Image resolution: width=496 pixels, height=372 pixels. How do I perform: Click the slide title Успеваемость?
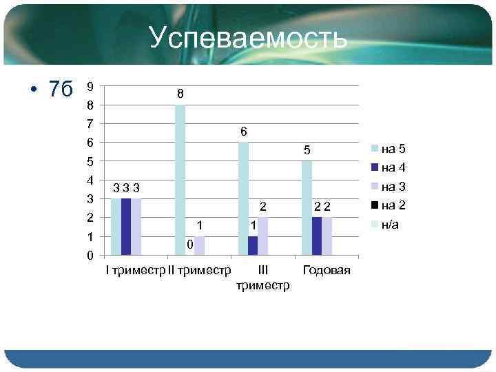[x=247, y=39]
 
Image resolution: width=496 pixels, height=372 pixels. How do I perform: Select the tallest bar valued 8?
[x=180, y=180]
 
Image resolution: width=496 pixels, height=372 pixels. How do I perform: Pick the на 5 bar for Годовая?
[x=307, y=207]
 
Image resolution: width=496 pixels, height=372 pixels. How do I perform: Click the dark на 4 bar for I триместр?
[x=126, y=227]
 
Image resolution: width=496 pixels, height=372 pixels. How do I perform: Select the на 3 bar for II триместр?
[x=199, y=245]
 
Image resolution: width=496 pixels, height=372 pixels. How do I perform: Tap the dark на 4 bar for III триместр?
[x=253, y=245]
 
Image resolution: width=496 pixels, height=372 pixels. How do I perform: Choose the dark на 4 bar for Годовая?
[x=316, y=236]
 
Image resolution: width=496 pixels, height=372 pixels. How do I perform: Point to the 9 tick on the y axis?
[x=90, y=87]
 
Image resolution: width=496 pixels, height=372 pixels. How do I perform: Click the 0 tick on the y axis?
[x=90, y=256]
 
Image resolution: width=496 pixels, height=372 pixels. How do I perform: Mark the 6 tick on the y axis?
[x=90, y=143]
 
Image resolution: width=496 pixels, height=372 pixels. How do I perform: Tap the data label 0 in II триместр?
[x=189, y=245]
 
